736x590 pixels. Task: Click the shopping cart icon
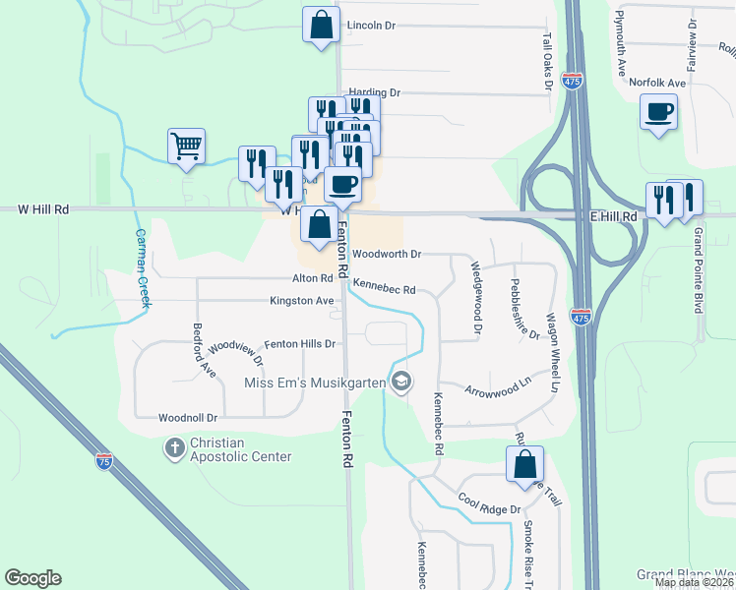[x=186, y=147]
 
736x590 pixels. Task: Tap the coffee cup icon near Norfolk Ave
[x=658, y=111]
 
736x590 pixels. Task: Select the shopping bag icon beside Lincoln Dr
[x=321, y=27]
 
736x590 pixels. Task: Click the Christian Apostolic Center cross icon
[x=174, y=448]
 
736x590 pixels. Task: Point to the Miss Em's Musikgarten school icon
[x=400, y=381]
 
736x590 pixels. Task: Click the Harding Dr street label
[x=375, y=92]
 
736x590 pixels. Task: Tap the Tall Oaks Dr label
[x=547, y=59]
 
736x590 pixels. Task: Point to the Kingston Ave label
[x=303, y=300]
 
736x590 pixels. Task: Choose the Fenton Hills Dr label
[x=301, y=344]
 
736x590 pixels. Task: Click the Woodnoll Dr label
[x=187, y=418]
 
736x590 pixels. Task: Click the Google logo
[x=32, y=578]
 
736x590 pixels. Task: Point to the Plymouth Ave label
[x=621, y=45]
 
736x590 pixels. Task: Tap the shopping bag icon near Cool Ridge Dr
[x=524, y=464]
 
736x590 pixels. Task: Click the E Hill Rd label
[x=614, y=215]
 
